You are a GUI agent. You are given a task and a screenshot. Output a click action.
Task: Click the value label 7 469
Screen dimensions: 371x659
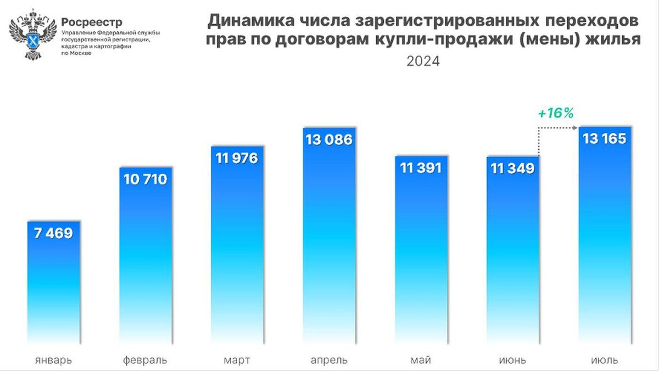[53, 233]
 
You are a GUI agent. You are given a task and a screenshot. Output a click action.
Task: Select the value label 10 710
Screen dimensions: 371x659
[146, 179]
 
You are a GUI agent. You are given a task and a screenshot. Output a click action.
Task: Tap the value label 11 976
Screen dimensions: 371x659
[238, 159]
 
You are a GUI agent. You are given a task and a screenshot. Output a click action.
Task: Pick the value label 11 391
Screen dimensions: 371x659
[421, 168]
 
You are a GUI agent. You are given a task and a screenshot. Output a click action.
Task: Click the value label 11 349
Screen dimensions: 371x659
[513, 168]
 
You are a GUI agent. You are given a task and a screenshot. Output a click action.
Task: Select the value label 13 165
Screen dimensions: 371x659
[605, 139]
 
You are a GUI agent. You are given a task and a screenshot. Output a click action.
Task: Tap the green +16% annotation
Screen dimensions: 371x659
[555, 114]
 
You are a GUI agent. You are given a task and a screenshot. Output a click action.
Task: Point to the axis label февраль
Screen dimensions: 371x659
[145, 360]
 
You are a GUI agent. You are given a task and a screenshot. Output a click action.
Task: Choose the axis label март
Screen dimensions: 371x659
[237, 360]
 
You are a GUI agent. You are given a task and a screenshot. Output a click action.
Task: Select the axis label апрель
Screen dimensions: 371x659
[329, 360]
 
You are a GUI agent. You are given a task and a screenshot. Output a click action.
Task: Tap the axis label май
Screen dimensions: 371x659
[421, 360]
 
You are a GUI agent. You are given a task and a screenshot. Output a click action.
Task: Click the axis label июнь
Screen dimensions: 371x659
[512, 360]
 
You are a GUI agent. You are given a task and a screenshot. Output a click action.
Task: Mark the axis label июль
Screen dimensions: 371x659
[604, 360]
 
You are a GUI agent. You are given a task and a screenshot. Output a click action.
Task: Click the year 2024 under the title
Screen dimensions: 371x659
[423, 61]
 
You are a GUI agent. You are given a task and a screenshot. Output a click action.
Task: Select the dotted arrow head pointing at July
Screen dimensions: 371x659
[574, 128]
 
